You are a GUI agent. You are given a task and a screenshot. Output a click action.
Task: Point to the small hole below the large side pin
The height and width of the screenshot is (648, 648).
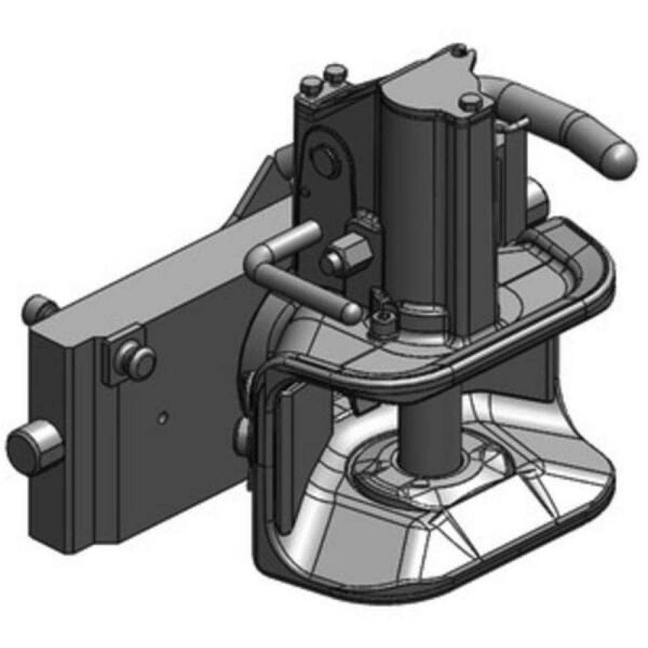pyautogui.click(x=304, y=192)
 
